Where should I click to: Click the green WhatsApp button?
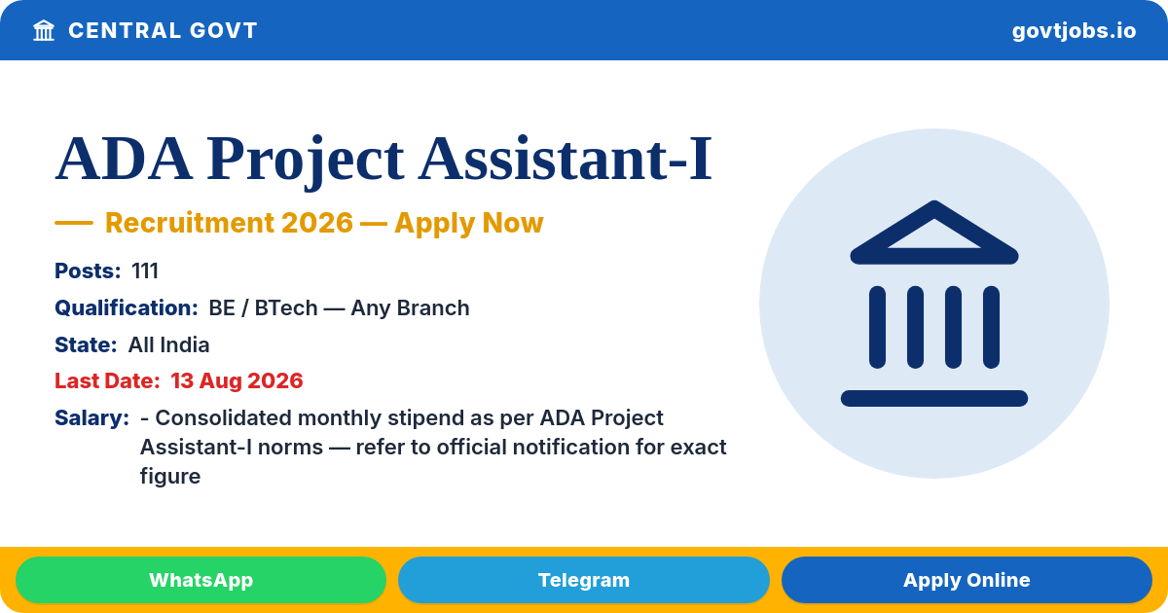(201, 580)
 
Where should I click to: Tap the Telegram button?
(583, 580)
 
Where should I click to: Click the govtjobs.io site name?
(1074, 31)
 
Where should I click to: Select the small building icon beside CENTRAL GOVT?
(44, 30)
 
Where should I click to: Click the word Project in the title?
(305, 159)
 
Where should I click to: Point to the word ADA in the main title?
(124, 158)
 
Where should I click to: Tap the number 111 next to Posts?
(145, 271)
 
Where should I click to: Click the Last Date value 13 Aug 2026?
(237, 381)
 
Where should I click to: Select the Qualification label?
(127, 308)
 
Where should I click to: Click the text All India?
(169, 345)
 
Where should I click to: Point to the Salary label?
(91, 418)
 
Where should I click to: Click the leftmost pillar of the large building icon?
(877, 327)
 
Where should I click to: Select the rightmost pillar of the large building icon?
(991, 327)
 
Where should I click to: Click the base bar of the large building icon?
(933, 398)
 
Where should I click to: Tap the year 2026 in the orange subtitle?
(317, 223)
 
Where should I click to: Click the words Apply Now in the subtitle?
(469, 224)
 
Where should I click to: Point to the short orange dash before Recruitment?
(74, 223)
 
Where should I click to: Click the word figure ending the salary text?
(170, 477)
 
